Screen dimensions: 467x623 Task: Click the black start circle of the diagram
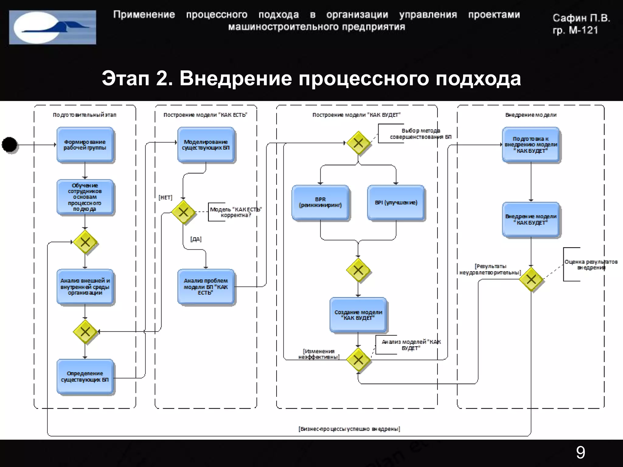(10, 145)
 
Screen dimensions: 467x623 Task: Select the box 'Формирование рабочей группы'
(85, 145)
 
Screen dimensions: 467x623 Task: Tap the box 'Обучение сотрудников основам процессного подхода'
(85, 197)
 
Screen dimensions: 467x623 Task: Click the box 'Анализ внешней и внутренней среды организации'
(85, 286)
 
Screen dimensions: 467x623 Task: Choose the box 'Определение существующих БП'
(85, 376)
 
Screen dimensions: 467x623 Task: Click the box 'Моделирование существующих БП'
(206, 145)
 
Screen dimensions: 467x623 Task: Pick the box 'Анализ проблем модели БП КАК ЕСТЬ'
(206, 286)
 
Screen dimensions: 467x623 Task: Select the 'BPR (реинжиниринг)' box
(320, 202)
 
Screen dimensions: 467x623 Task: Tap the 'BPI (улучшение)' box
(396, 202)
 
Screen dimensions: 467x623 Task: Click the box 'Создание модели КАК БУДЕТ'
(358, 315)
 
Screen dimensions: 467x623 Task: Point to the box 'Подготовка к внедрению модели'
(531, 145)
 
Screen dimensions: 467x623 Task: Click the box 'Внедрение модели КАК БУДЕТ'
(531, 220)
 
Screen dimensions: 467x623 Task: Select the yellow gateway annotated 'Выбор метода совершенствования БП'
(358, 143)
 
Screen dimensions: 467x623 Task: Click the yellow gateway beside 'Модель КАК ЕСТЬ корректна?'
(183, 212)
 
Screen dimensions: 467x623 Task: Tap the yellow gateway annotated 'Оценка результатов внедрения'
(531, 279)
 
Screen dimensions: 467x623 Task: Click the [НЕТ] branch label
(165, 198)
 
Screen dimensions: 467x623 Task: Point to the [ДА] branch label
(196, 239)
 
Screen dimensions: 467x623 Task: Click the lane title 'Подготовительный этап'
(85, 115)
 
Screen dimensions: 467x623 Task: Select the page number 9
(580, 453)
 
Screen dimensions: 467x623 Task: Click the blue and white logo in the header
(53, 27)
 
